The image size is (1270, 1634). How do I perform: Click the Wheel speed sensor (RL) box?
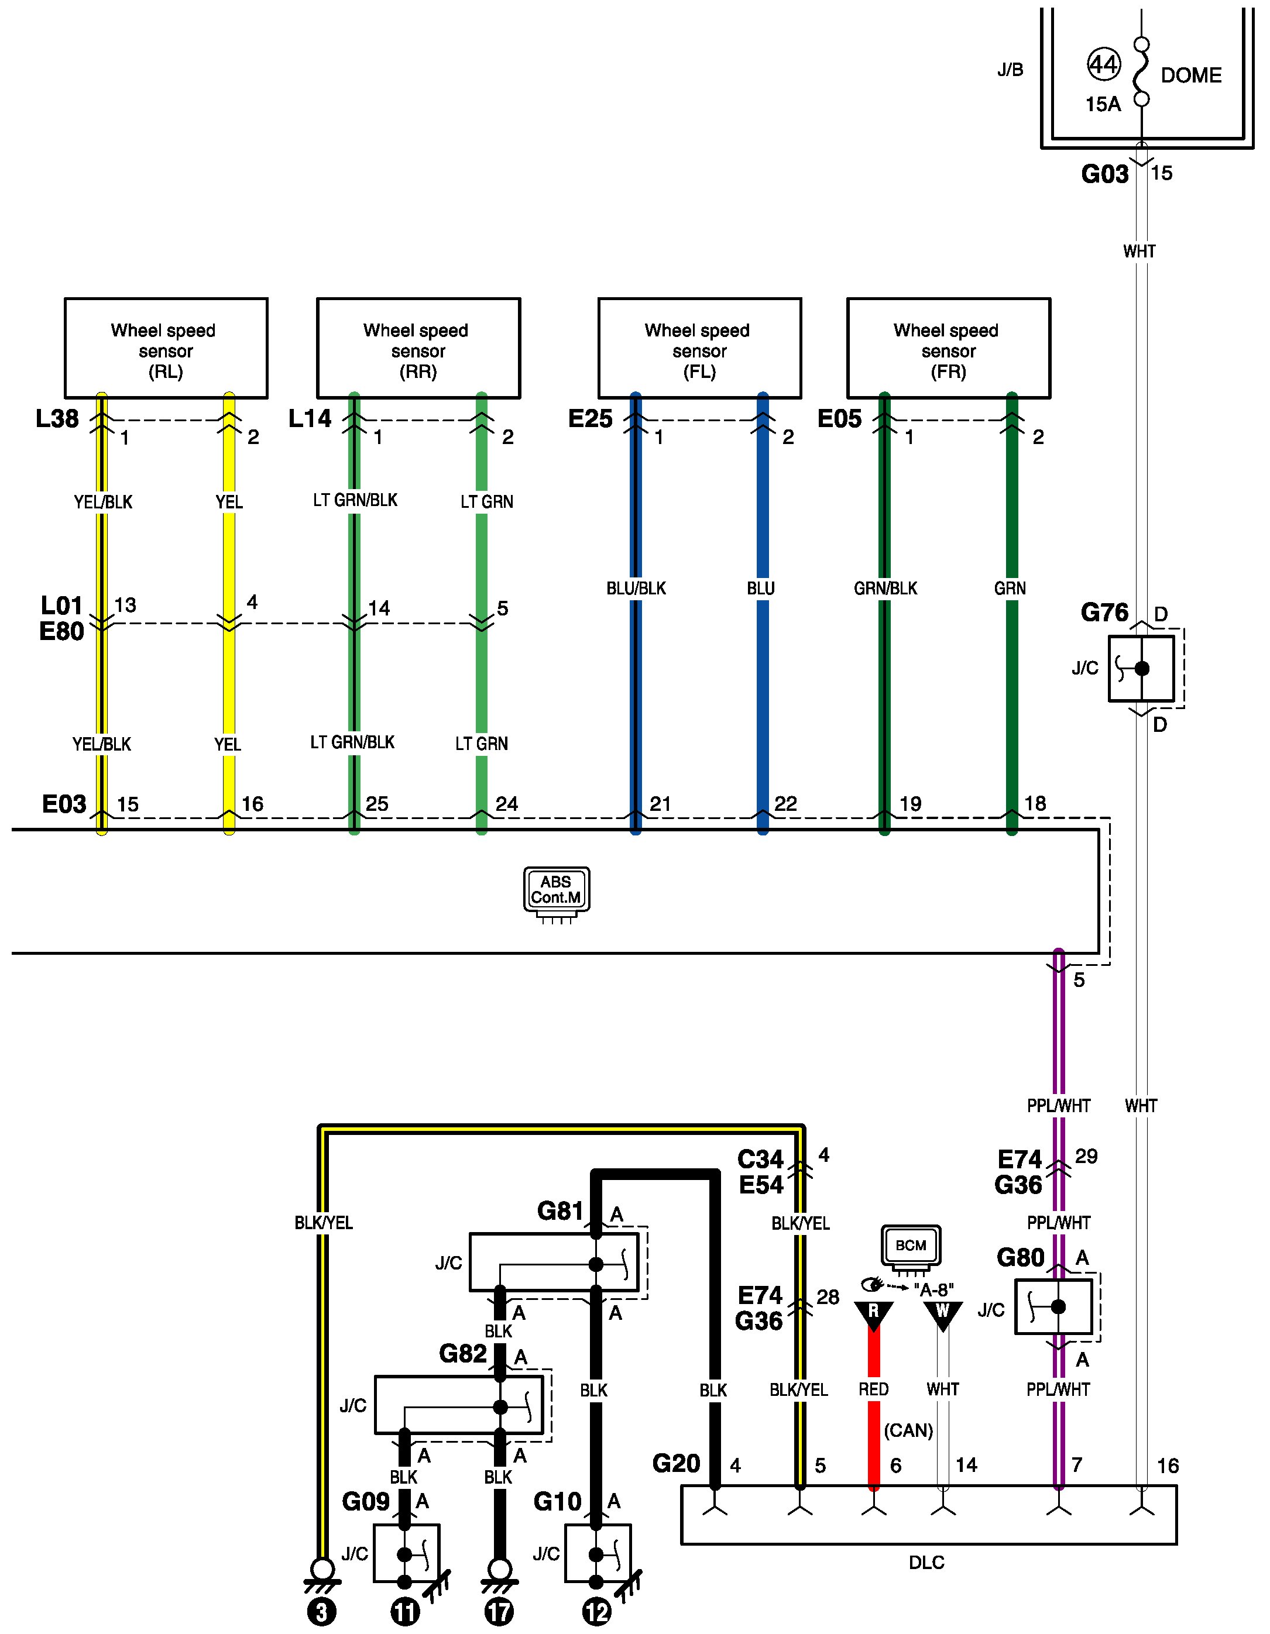click(166, 349)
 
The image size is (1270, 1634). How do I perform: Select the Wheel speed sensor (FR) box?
click(948, 349)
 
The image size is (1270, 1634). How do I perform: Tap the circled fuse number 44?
click(1103, 65)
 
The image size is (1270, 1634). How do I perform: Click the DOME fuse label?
click(1190, 75)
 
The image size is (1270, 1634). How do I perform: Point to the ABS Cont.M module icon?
click(556, 890)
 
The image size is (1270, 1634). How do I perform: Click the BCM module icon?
click(911, 1246)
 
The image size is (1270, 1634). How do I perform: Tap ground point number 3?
click(322, 1612)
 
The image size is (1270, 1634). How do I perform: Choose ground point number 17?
click(499, 1612)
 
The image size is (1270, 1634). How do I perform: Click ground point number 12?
click(596, 1612)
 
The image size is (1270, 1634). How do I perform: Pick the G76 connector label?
click(1104, 613)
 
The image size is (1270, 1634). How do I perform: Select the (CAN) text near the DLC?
click(908, 1430)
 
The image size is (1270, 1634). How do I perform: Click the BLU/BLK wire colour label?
click(636, 589)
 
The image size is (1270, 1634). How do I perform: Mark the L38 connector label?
click(57, 419)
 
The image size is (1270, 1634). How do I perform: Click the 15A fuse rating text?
click(1103, 105)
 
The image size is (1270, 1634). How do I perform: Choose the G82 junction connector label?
click(462, 1353)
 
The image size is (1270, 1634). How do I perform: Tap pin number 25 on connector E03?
click(376, 804)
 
